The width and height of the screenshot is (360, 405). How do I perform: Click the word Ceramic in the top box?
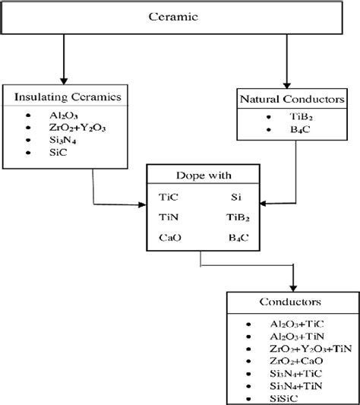(x=181, y=15)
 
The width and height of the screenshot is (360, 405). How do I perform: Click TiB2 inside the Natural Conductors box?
(x=288, y=118)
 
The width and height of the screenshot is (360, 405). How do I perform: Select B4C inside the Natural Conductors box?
(x=286, y=130)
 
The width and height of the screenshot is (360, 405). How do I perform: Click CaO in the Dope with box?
(x=170, y=237)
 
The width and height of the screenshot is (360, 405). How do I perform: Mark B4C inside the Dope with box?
(x=238, y=237)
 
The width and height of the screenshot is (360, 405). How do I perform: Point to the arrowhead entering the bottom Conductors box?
(x=291, y=282)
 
